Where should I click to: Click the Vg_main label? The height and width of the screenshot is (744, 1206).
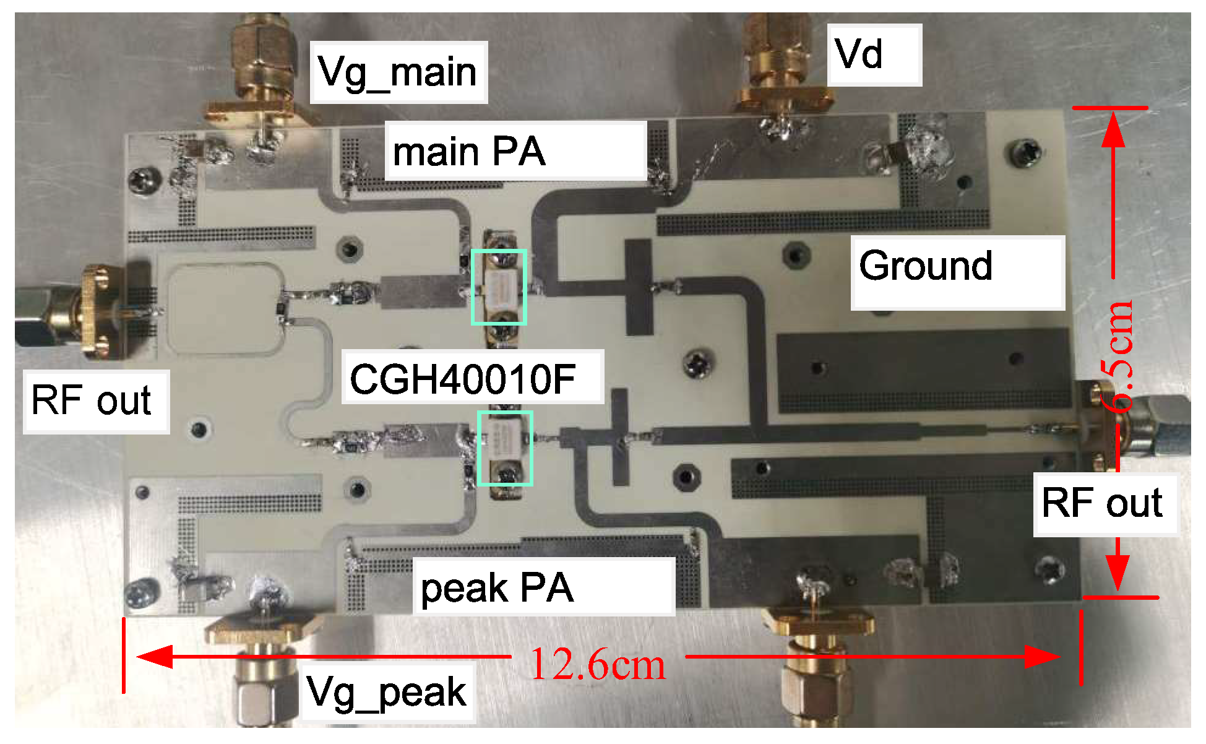[397, 72]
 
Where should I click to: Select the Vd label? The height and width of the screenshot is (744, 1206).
[859, 54]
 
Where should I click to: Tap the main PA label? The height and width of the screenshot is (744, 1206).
[469, 152]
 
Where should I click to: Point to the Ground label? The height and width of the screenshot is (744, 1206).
[926, 266]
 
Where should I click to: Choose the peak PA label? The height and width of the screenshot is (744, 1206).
[497, 587]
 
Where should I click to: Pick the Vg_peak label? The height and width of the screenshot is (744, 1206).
[386, 692]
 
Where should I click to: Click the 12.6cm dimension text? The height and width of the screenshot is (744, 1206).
[598, 665]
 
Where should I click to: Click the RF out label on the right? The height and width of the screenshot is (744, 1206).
[1102, 503]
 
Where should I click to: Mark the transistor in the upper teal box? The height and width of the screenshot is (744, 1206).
[499, 287]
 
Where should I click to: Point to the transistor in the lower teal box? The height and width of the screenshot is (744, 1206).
[505, 448]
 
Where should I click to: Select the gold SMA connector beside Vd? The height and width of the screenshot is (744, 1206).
[780, 68]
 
